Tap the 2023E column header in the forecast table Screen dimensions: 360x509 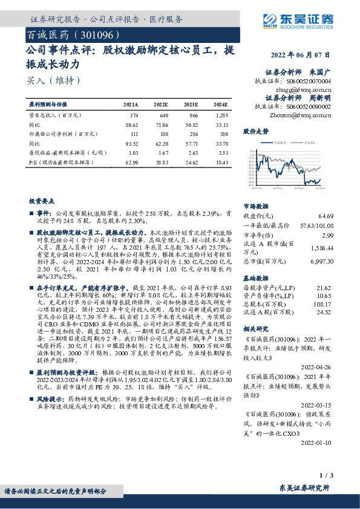[191, 104]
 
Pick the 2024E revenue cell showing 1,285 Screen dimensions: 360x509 [222, 115]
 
